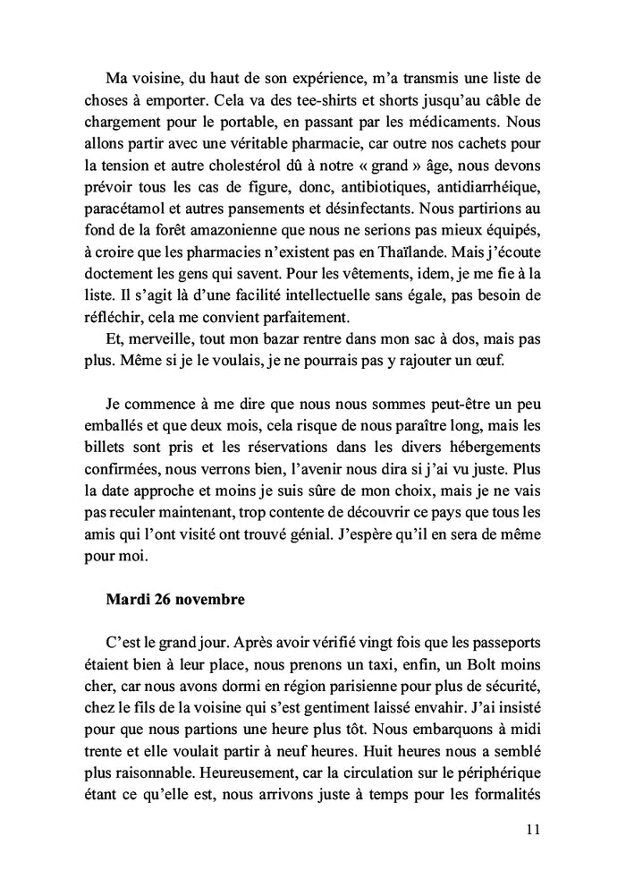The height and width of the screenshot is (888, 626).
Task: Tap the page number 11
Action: click(533, 829)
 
